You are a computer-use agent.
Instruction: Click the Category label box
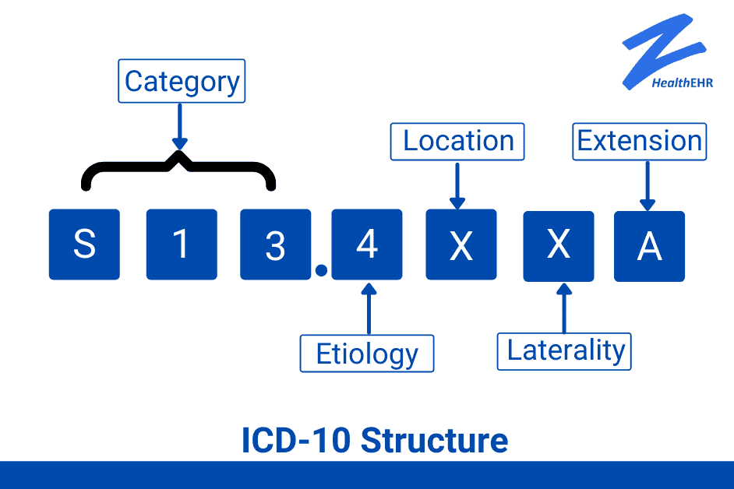pyautogui.click(x=182, y=81)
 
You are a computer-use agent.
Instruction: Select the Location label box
pyautogui.click(x=457, y=142)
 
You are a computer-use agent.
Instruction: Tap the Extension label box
pyautogui.click(x=640, y=142)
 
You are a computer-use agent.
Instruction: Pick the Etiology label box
pyautogui.click(x=367, y=354)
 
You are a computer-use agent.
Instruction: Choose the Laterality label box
pyautogui.click(x=564, y=351)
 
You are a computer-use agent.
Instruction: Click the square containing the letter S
pyautogui.click(x=84, y=244)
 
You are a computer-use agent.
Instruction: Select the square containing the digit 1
pyautogui.click(x=182, y=244)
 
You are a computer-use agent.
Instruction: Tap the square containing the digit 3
pyautogui.click(x=276, y=244)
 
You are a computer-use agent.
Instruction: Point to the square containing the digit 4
pyautogui.click(x=367, y=244)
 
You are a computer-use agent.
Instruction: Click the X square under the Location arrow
pyautogui.click(x=461, y=244)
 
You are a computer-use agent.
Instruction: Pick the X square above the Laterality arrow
pyautogui.click(x=559, y=246)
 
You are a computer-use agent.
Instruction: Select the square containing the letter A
pyautogui.click(x=649, y=246)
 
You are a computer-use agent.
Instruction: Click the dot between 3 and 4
pyautogui.click(x=321, y=270)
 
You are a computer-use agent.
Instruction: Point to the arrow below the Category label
pyautogui.click(x=180, y=126)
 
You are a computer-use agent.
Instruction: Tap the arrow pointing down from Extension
pyautogui.click(x=648, y=186)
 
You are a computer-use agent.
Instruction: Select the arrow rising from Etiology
pyautogui.click(x=369, y=308)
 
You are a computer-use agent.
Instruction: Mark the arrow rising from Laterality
pyautogui.click(x=564, y=308)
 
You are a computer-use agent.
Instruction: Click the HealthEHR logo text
pyautogui.click(x=683, y=83)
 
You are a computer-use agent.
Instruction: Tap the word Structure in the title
pyautogui.click(x=435, y=441)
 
